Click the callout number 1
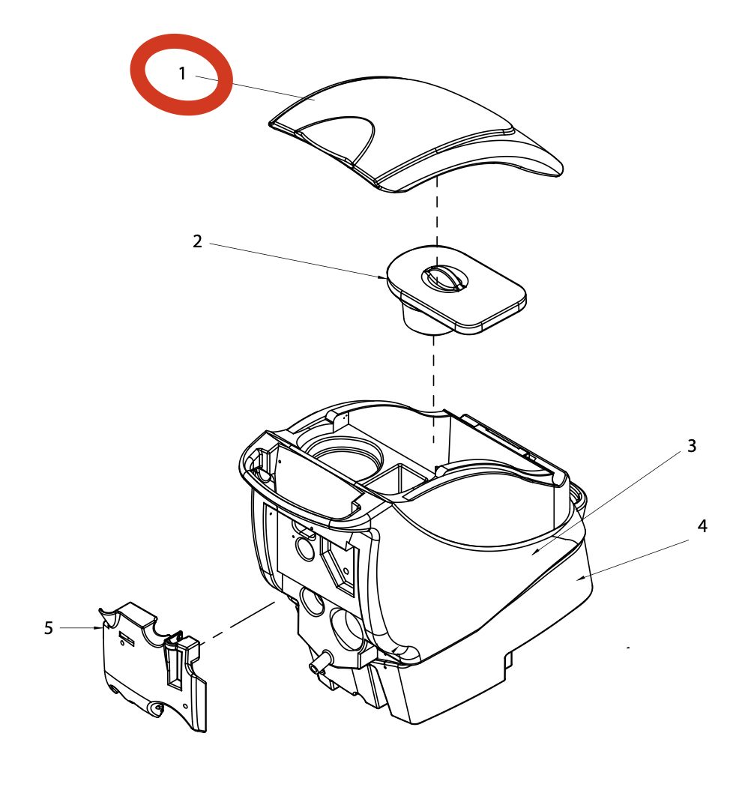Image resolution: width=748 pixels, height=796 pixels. coord(182,73)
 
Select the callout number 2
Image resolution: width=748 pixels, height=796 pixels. coord(197,241)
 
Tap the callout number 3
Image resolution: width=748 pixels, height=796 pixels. coord(692,446)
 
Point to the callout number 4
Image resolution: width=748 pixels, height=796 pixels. coord(702,526)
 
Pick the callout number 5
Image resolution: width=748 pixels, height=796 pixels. coord(49,628)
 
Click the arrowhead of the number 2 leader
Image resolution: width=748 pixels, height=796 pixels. coord(383,277)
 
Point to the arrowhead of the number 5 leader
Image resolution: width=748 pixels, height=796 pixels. coord(98,628)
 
